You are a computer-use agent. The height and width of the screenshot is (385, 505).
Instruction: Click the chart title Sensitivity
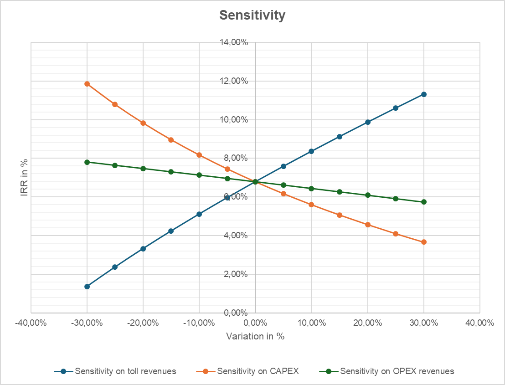click(x=252, y=15)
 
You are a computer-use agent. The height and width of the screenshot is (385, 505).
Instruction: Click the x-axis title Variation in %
click(x=255, y=336)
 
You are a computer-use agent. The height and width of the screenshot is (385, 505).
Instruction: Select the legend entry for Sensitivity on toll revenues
click(x=125, y=371)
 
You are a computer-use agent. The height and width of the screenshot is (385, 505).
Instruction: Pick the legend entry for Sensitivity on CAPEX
click(x=258, y=371)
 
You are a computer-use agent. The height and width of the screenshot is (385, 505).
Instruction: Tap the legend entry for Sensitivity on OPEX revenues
click(x=397, y=371)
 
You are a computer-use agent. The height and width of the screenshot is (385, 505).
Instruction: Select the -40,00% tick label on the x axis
click(x=31, y=323)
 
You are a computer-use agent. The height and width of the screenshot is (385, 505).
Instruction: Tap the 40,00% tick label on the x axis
click(x=480, y=323)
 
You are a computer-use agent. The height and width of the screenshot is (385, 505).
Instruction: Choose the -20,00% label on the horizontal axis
click(x=143, y=323)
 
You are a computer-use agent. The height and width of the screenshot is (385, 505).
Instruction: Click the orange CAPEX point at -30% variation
click(x=87, y=84)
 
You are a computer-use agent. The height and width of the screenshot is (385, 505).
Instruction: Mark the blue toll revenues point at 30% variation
click(x=424, y=94)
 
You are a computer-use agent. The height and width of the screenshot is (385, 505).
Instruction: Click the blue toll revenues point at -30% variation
click(x=87, y=287)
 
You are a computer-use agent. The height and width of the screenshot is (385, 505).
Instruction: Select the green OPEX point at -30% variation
click(x=87, y=162)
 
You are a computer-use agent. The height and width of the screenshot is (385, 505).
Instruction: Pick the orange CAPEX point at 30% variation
click(x=424, y=242)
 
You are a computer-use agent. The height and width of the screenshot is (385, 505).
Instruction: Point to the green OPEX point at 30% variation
click(x=424, y=202)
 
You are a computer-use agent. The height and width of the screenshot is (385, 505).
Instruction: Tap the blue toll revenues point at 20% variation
click(x=368, y=122)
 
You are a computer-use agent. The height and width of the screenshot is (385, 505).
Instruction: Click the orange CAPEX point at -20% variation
click(x=143, y=123)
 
